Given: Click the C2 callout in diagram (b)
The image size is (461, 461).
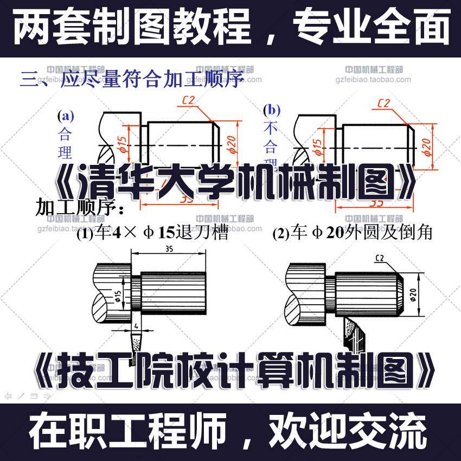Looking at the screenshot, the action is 383,103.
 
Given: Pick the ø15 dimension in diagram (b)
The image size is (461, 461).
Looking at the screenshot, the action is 318,145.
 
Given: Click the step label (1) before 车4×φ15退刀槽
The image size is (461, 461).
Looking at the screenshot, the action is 85,234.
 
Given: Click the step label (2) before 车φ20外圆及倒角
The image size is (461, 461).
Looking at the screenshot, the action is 280,234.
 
